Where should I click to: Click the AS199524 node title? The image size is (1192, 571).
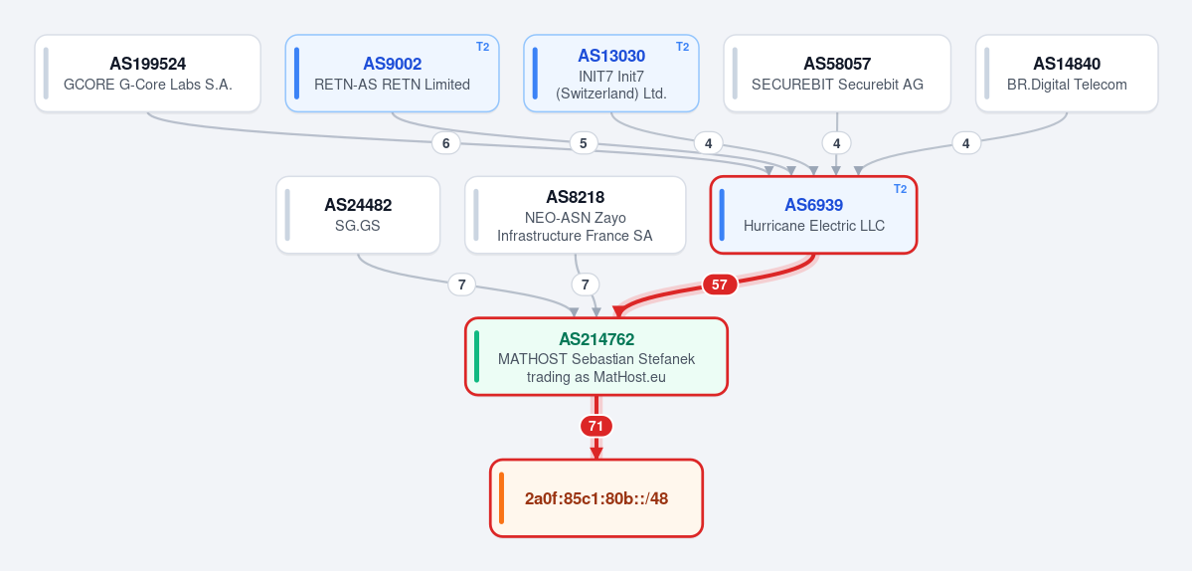[147, 64]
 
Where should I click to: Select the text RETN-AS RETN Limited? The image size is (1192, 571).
[393, 85]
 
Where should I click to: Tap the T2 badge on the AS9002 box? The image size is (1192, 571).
[483, 47]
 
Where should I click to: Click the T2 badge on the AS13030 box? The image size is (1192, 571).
[683, 47]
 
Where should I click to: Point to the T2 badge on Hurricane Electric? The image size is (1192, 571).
[900, 189]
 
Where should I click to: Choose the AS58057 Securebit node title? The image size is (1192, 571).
[837, 64]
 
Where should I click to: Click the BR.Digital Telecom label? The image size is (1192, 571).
[1067, 85]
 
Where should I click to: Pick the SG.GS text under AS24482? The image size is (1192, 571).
[358, 226]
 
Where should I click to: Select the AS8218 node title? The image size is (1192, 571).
[575, 198]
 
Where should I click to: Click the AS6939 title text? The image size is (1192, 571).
[814, 205]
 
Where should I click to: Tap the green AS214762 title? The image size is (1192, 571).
[596, 339]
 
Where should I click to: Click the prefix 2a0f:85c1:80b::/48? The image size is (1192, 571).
[596, 498]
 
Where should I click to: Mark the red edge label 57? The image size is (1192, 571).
[720, 285]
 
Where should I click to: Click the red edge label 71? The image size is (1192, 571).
[596, 427]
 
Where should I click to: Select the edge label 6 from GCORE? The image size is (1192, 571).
[446, 143]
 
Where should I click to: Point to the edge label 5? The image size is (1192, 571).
[584, 143]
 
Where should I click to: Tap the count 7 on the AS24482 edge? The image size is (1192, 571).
[461, 285]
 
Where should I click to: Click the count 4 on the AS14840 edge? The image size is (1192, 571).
[966, 143]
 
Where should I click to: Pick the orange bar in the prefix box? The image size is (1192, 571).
[502, 498]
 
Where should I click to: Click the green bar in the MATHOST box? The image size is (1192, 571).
[476, 356]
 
